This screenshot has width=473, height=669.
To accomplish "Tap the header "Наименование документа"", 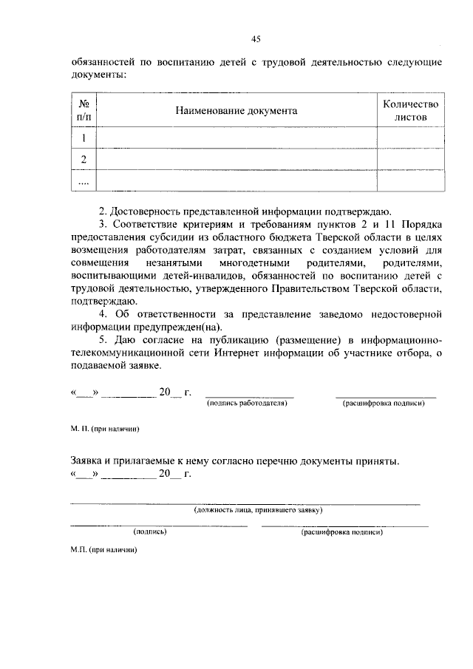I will pyautogui.click(x=236, y=110).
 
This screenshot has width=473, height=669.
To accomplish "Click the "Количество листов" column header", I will pyautogui.click(x=411, y=110).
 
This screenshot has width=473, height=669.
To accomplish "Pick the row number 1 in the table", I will pyautogui.click(x=84, y=138).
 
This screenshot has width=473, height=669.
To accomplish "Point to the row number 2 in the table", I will pyautogui.click(x=84, y=160).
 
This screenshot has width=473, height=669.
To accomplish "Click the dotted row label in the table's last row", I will pyautogui.click(x=84, y=181).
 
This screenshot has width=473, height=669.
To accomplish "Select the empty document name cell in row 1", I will pyautogui.click(x=236, y=138).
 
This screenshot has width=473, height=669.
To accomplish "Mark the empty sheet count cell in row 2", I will pyautogui.click(x=411, y=160).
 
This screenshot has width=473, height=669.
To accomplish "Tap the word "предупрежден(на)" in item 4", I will pyautogui.click(x=174, y=327).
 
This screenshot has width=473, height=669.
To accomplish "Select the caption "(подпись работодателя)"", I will pyautogui.click(x=247, y=404).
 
